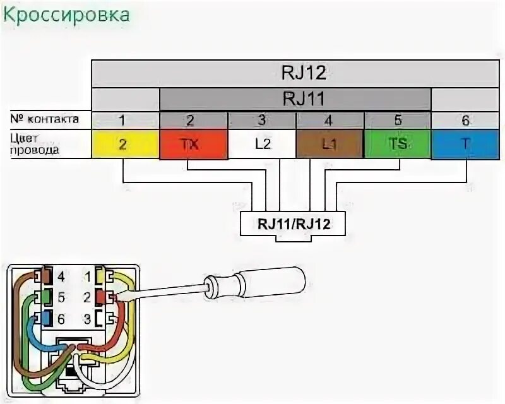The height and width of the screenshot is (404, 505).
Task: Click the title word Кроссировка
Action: coord(67,15)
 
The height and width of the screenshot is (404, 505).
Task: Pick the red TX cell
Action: coord(193,144)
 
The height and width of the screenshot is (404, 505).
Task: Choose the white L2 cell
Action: coord(262,144)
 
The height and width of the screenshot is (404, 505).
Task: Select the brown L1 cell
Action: coord(330,144)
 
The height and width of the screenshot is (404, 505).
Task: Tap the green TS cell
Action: coord(398,144)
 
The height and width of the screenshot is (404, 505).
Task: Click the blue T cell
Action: coord(465,144)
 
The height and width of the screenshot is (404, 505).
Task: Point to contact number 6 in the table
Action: coord(465,120)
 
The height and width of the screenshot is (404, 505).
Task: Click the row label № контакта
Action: coord(44,119)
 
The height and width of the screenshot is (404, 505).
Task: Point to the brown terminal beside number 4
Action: coord(45,276)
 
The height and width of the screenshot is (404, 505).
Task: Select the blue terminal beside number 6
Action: coord(45,319)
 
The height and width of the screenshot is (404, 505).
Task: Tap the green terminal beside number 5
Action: coord(45,297)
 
